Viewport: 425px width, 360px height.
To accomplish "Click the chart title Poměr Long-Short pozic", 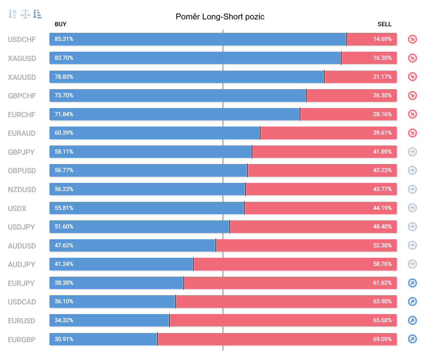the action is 220,17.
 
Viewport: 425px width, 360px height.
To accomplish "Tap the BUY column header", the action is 61,24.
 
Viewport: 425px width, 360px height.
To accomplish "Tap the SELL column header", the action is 384,24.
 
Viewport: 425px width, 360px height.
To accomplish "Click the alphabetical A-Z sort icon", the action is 12,14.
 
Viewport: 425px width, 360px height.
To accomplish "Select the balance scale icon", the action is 25,14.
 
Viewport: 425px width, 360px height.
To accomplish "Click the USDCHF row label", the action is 22,39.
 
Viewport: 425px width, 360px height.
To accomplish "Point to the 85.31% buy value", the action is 64,39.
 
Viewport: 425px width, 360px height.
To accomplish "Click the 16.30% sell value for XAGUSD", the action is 382,58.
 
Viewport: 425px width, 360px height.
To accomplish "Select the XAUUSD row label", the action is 22,77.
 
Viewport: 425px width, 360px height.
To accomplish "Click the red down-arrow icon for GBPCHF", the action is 412,95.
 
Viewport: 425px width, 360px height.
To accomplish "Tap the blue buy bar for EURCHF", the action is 174,114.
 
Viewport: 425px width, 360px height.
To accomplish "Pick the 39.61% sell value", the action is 382,133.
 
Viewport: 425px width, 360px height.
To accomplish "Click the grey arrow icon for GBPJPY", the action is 412,152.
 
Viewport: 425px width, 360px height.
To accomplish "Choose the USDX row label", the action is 17,208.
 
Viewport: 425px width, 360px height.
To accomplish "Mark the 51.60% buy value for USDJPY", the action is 64,226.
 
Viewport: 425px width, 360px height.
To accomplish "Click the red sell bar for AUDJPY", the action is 295,264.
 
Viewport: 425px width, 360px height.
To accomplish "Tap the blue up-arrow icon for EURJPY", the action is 412,283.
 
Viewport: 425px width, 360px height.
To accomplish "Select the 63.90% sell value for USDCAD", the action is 382,301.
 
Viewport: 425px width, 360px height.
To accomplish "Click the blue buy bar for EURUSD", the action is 109,321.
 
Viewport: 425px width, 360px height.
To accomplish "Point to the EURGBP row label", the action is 22,340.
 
